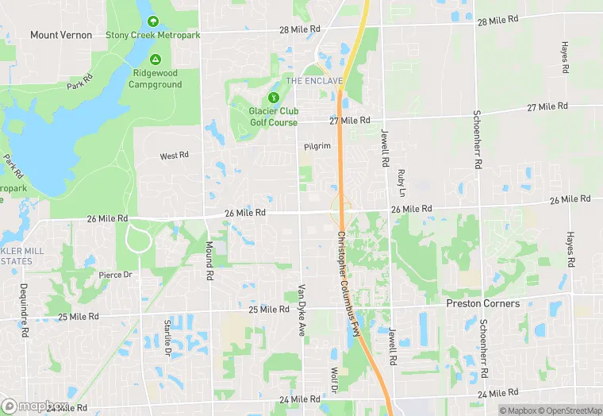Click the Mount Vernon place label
[x=61, y=35]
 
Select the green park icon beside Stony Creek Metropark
[x=152, y=21]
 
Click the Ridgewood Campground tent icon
[x=156, y=60]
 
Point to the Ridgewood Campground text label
[x=156, y=79]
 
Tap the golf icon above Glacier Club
[x=274, y=97]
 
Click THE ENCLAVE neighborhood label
[x=314, y=81]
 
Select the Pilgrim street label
[x=317, y=147]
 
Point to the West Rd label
[x=174, y=156]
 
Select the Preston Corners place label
[x=483, y=303]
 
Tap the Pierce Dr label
[x=115, y=275]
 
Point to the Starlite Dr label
[x=167, y=337]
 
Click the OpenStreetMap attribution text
[x=564, y=410]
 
